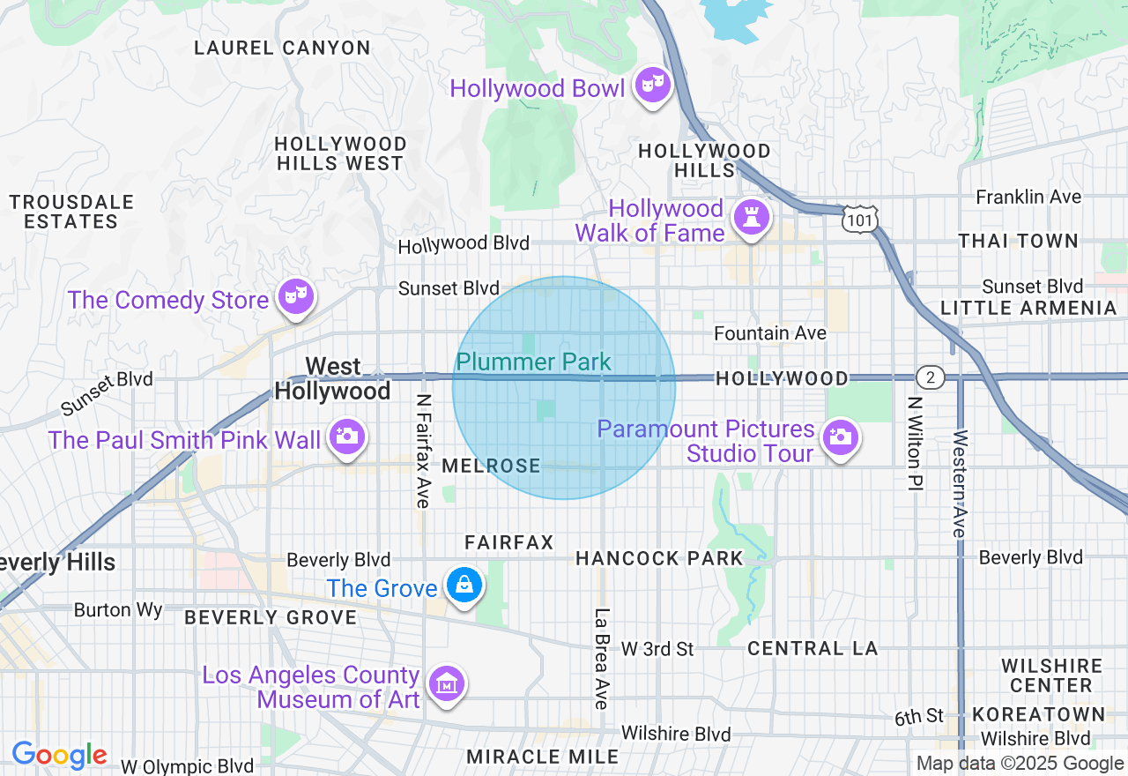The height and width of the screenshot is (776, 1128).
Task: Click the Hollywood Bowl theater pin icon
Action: click(x=651, y=86)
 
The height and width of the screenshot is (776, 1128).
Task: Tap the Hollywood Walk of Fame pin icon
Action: click(x=751, y=217)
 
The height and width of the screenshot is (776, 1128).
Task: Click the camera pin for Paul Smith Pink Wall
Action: click(x=347, y=436)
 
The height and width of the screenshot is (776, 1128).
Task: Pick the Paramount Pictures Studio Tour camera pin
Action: click(x=840, y=436)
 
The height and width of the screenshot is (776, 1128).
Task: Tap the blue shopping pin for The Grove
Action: click(x=463, y=585)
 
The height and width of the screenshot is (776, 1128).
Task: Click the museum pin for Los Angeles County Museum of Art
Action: click(x=446, y=683)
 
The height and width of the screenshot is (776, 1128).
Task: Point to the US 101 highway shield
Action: click(x=857, y=218)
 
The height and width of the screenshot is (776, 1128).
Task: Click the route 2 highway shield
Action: click(x=930, y=378)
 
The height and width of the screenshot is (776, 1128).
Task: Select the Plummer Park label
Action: click(x=533, y=362)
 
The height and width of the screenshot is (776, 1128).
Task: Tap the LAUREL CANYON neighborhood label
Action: click(x=282, y=48)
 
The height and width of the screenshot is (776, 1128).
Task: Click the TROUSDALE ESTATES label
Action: click(x=71, y=212)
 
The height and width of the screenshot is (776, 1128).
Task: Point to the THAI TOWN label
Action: click(x=1018, y=241)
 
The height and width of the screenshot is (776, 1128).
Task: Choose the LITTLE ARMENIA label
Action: click(x=1028, y=308)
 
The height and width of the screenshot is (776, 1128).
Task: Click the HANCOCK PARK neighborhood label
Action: click(x=659, y=558)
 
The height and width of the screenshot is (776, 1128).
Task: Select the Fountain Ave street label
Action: click(x=769, y=332)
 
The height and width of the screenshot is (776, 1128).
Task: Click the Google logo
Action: click(x=59, y=755)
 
